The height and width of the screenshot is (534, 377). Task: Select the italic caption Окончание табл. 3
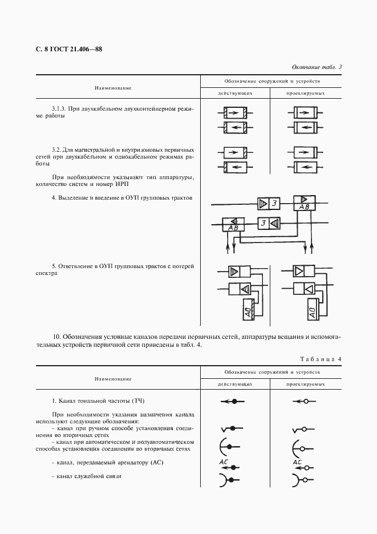point(316,67)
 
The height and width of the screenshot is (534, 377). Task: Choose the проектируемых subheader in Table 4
point(305,385)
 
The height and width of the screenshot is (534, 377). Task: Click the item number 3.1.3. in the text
point(59,108)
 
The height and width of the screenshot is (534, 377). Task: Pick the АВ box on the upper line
point(305,204)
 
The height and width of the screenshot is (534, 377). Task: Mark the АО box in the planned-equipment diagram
point(312,311)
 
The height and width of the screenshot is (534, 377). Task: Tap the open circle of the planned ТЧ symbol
point(305,402)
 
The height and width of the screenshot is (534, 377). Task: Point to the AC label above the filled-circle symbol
point(224,461)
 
